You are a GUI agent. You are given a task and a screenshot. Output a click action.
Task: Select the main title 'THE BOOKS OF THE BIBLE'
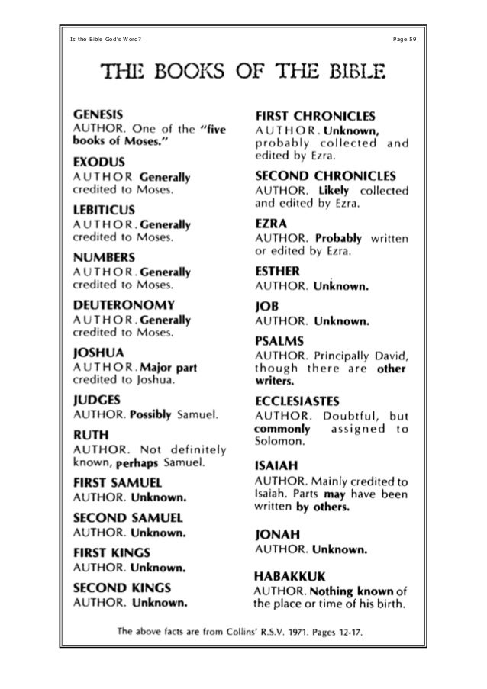pyautogui.click(x=243, y=73)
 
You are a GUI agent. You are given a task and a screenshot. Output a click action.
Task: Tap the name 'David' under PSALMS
pyautogui.click(x=392, y=355)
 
